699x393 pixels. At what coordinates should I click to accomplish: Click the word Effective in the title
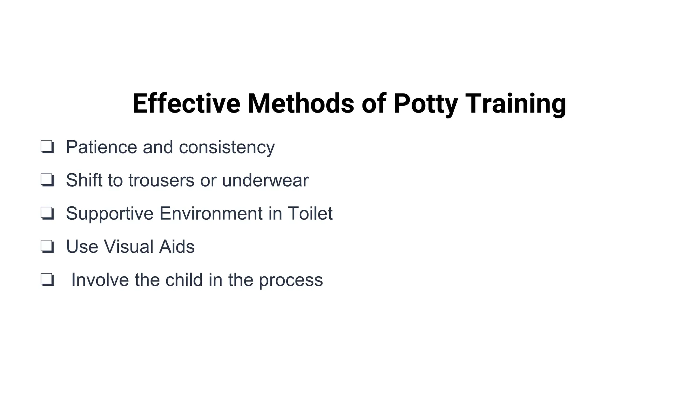point(186,103)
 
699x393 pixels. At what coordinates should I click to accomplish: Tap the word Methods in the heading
point(300,103)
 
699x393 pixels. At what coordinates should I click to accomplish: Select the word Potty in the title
point(425,103)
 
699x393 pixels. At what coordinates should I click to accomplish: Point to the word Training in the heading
point(515,103)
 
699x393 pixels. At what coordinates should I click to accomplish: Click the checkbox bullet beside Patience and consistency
point(47,147)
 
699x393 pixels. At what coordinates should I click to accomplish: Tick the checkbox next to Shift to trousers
point(47,180)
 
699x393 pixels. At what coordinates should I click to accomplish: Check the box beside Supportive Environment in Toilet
point(47,213)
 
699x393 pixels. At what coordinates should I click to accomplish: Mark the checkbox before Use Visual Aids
point(47,246)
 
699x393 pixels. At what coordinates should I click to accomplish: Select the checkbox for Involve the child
point(47,280)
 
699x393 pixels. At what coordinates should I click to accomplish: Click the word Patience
point(101,147)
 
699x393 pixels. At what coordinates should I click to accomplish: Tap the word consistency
point(227,147)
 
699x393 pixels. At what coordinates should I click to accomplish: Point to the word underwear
point(265,180)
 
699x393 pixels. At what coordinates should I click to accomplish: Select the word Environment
point(211,213)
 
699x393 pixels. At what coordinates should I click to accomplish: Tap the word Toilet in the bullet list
point(310,213)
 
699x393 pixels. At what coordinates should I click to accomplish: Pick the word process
point(291,280)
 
